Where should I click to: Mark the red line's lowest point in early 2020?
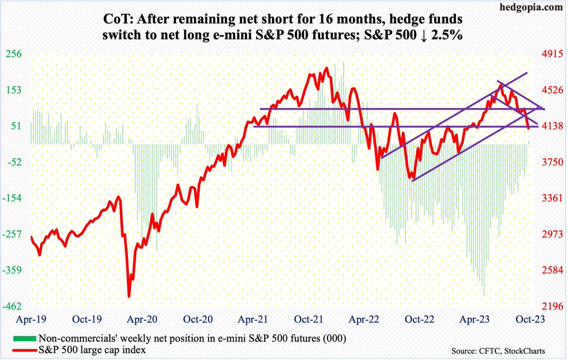tap(128, 296)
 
